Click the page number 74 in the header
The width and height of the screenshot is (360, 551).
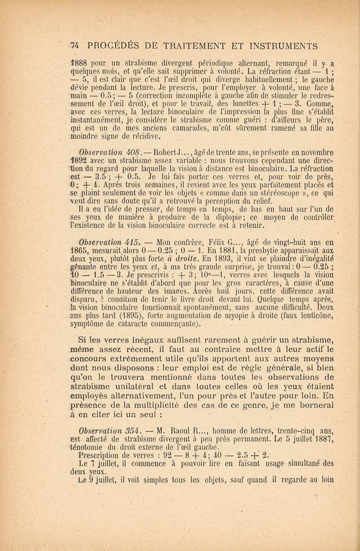pyautogui.click(x=74, y=45)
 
